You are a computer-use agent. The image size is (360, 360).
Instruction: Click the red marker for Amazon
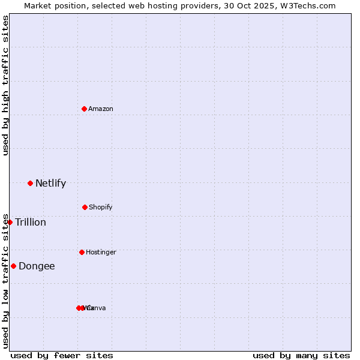click(x=85, y=109)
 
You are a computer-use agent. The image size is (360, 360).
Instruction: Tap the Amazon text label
click(x=101, y=109)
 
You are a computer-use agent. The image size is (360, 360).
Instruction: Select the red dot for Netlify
click(x=30, y=183)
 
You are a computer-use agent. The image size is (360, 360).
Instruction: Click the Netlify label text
click(x=50, y=183)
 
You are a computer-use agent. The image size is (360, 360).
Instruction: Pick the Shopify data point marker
click(x=85, y=207)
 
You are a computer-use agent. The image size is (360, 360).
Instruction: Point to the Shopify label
click(x=101, y=207)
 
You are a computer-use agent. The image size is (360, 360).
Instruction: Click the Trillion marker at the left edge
click(x=10, y=222)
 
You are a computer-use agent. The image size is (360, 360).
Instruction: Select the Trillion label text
click(x=31, y=222)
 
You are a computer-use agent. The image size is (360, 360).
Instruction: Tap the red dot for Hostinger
click(x=82, y=252)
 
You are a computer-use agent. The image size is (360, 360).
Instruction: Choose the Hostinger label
click(x=101, y=252)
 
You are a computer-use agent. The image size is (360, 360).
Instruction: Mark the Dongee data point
click(x=13, y=266)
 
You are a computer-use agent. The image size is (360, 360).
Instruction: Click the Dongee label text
click(x=37, y=266)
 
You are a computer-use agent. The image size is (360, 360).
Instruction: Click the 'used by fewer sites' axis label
click(x=62, y=355)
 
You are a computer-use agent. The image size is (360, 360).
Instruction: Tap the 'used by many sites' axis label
click(x=301, y=355)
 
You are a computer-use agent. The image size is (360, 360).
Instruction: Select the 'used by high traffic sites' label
click(x=6, y=85)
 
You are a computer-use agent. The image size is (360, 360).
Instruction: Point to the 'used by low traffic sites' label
click(x=6, y=280)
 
